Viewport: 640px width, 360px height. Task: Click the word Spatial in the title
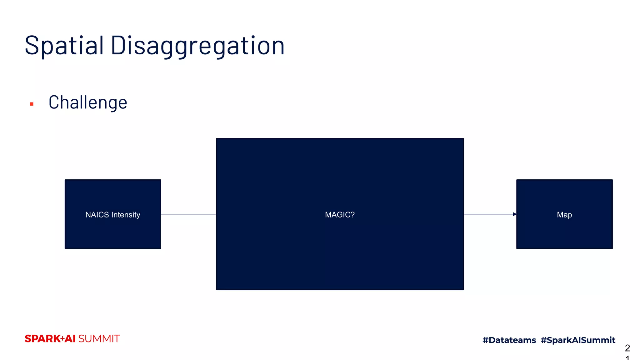pyautogui.click(x=64, y=46)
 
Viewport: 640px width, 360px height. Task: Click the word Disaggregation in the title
pyautogui.click(x=197, y=46)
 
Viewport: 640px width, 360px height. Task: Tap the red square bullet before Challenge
pyautogui.click(x=32, y=104)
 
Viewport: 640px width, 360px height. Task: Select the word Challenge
pyautogui.click(x=88, y=102)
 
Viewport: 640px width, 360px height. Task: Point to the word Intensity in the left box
pyautogui.click(x=126, y=215)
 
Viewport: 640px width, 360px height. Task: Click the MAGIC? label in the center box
pyautogui.click(x=340, y=215)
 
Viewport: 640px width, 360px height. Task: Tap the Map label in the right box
pyautogui.click(x=564, y=215)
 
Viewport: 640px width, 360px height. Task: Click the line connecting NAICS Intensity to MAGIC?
pyautogui.click(x=188, y=214)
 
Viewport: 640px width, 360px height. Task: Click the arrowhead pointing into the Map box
pyautogui.click(x=514, y=214)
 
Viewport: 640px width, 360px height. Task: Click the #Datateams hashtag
pyautogui.click(x=509, y=340)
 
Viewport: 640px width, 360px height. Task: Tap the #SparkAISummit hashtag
pyautogui.click(x=578, y=340)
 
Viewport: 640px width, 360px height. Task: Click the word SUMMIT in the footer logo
pyautogui.click(x=99, y=339)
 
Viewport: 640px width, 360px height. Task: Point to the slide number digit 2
pyautogui.click(x=627, y=348)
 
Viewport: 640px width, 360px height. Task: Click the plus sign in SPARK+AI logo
pyautogui.click(x=62, y=339)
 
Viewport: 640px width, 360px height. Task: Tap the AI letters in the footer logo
pyautogui.click(x=70, y=339)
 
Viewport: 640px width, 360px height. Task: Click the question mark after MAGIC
pyautogui.click(x=352, y=215)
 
